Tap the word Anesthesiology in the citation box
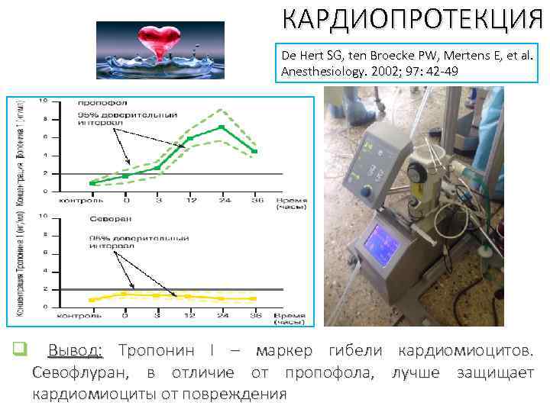pyautogui.click(x=323, y=71)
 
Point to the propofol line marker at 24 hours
pyautogui.click(x=222, y=127)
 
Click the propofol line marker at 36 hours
pyautogui.click(x=254, y=151)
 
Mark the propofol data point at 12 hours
pyautogui.click(x=189, y=139)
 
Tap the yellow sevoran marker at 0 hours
pyautogui.click(x=125, y=294)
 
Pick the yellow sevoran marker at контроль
pyautogui.click(x=92, y=300)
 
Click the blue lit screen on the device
pyautogui.click(x=381, y=245)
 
